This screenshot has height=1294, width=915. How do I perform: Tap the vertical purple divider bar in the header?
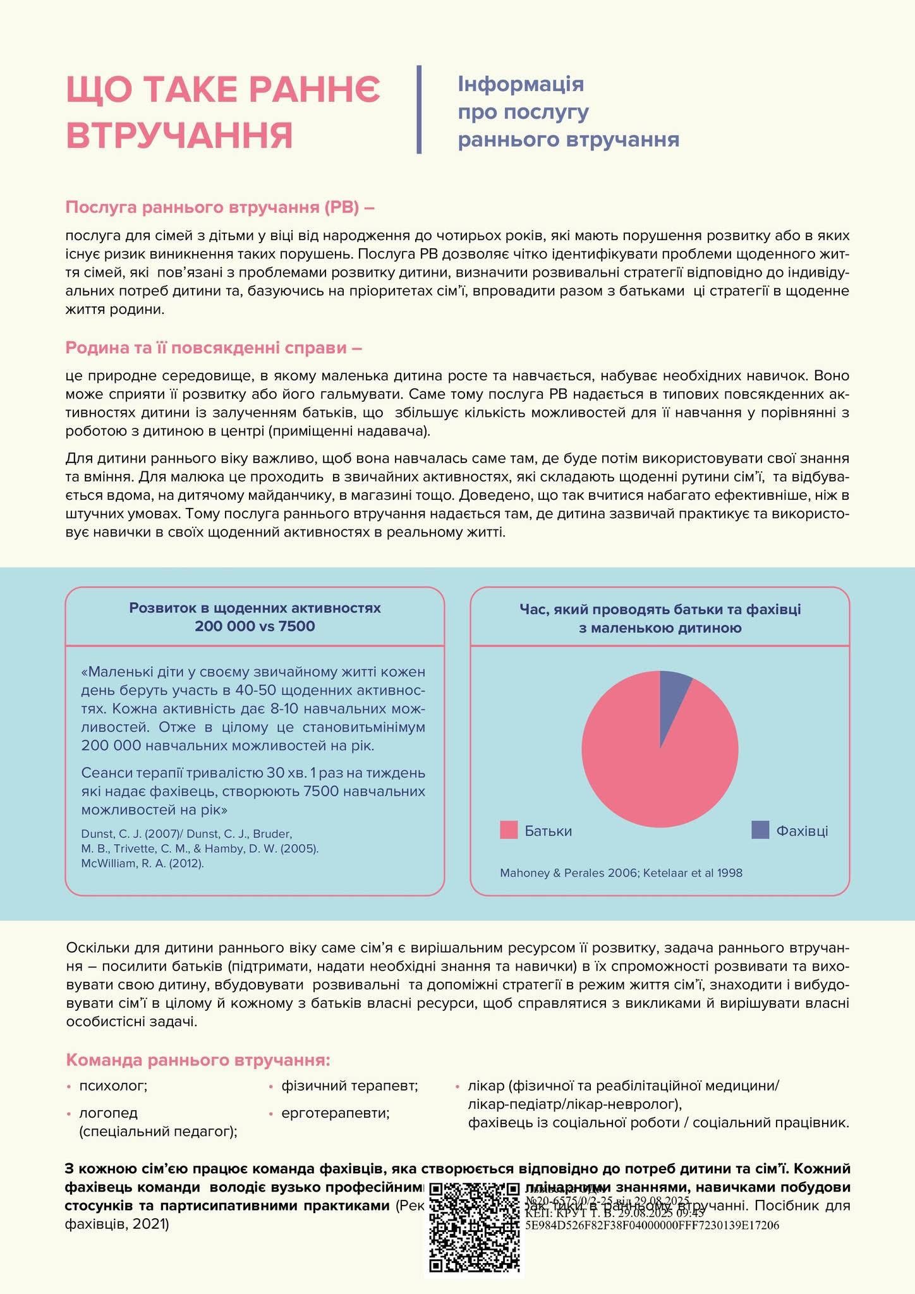pos(419,109)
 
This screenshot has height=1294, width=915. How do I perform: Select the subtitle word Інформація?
pos(521,84)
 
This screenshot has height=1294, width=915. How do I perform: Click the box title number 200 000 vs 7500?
pos(255,626)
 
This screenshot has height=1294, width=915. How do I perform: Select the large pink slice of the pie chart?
pos(651,765)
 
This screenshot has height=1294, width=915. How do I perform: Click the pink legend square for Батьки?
pos(509,830)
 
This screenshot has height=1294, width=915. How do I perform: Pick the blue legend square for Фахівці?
pos(760,830)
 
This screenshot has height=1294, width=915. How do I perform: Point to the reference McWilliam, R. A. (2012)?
pos(143,863)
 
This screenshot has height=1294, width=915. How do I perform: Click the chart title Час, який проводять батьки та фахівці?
pos(660,609)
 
